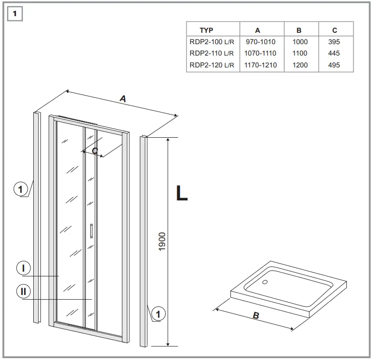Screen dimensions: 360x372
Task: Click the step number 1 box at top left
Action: point(15,14)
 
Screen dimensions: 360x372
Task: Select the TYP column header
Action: point(206,30)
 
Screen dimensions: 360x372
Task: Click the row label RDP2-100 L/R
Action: point(212,42)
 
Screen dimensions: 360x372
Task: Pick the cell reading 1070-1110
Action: point(260,53)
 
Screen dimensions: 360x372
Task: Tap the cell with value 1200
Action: point(300,65)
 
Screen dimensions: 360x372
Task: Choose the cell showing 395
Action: point(334,42)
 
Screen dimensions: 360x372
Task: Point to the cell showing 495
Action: point(334,65)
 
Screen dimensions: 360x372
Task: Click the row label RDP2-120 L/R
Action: point(212,65)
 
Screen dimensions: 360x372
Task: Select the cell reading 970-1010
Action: point(260,42)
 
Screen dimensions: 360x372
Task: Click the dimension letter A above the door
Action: point(123,99)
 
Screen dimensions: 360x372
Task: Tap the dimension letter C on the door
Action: point(95,151)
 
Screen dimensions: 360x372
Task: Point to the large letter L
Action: point(181,193)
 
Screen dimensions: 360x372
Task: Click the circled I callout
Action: point(23,268)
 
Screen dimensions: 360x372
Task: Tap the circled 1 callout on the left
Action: point(20,190)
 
